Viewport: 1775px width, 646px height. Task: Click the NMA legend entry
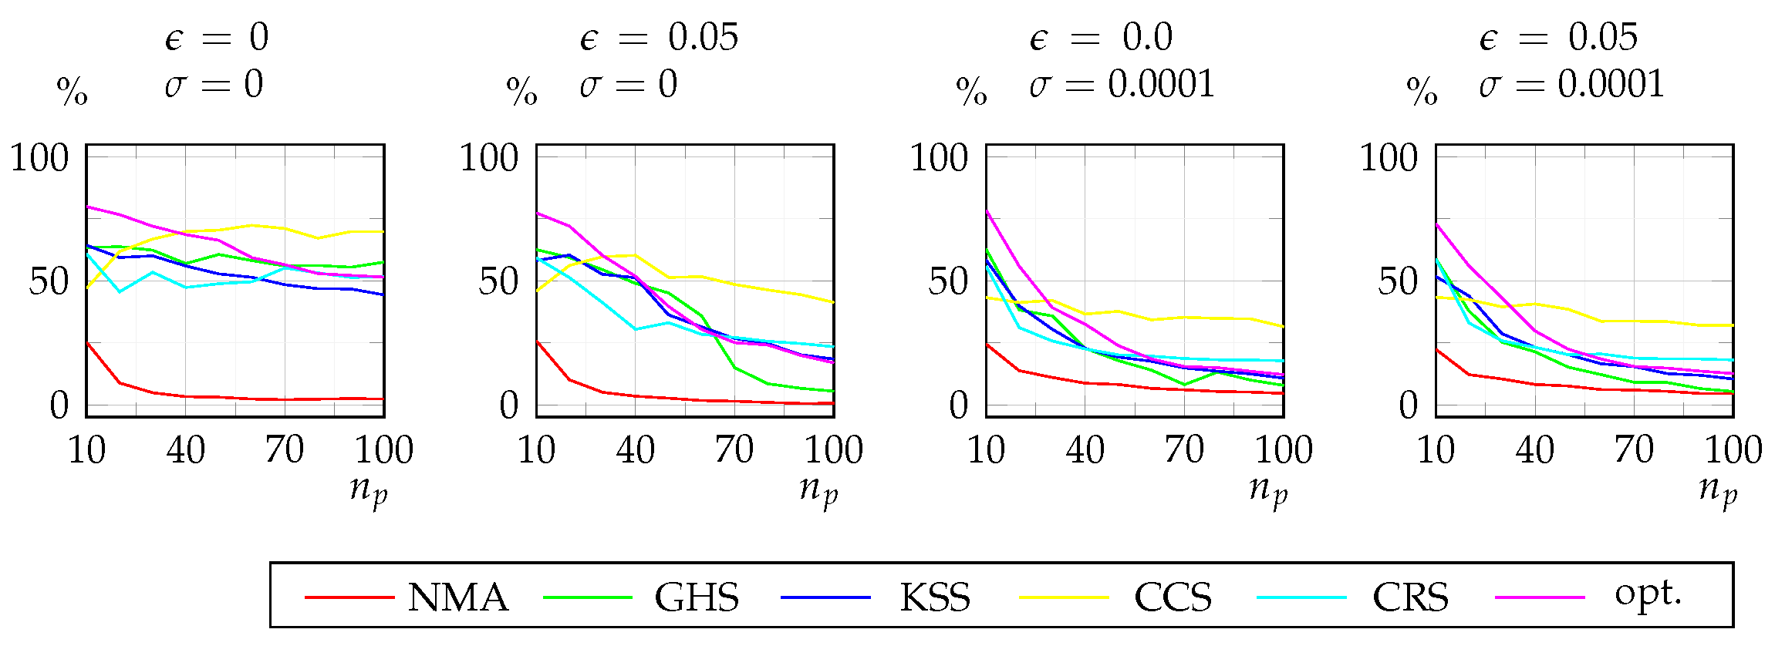point(457,597)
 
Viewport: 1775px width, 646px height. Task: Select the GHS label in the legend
point(697,597)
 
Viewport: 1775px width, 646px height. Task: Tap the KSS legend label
point(935,597)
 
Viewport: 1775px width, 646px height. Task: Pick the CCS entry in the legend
point(1173,597)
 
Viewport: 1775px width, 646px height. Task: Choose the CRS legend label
point(1410,597)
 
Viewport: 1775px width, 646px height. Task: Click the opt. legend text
point(1648,595)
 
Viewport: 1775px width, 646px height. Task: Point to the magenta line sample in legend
point(1539,597)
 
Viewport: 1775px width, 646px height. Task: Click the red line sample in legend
point(349,597)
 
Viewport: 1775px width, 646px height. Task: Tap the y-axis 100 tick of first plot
point(39,158)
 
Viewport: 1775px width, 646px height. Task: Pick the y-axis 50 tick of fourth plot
point(1398,281)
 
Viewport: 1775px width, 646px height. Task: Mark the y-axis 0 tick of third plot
point(958,405)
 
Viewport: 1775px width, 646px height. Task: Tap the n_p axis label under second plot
point(818,490)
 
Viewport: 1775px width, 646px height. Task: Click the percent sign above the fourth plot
point(1422,93)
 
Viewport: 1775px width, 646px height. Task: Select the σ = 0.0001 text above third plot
point(1122,84)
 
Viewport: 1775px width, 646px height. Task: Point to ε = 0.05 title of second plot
point(659,37)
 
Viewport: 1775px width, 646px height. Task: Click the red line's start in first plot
point(88,343)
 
